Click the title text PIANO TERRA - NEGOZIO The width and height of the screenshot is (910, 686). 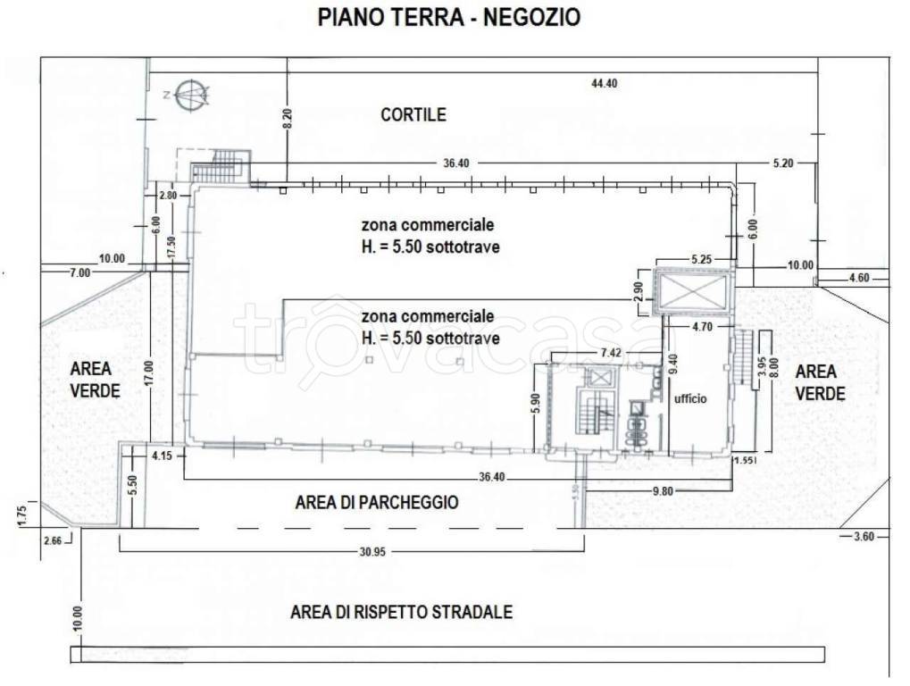coord(448,17)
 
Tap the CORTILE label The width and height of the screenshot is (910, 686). coord(413,115)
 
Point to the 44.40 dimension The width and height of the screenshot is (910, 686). coord(604,83)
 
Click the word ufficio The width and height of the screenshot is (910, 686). coord(690,399)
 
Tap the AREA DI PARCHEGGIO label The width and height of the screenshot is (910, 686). coord(376,503)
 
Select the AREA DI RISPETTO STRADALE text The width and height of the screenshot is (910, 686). coord(401,613)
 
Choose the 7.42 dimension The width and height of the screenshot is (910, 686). coord(612,354)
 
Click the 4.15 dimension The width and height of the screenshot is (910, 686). coord(162,456)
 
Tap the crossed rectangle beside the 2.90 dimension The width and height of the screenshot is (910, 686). coord(694,290)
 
